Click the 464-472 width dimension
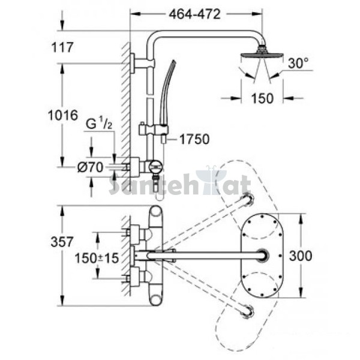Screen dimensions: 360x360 [194, 14]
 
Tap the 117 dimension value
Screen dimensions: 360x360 [62, 47]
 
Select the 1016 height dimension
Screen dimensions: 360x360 [63, 115]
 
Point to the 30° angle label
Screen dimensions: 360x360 [298, 63]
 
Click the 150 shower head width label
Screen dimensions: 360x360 [262, 98]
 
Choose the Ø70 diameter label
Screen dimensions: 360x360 [90, 167]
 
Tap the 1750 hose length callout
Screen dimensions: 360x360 [194, 139]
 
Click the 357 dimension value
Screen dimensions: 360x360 [62, 242]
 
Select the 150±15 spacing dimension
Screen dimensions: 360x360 [97, 258]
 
